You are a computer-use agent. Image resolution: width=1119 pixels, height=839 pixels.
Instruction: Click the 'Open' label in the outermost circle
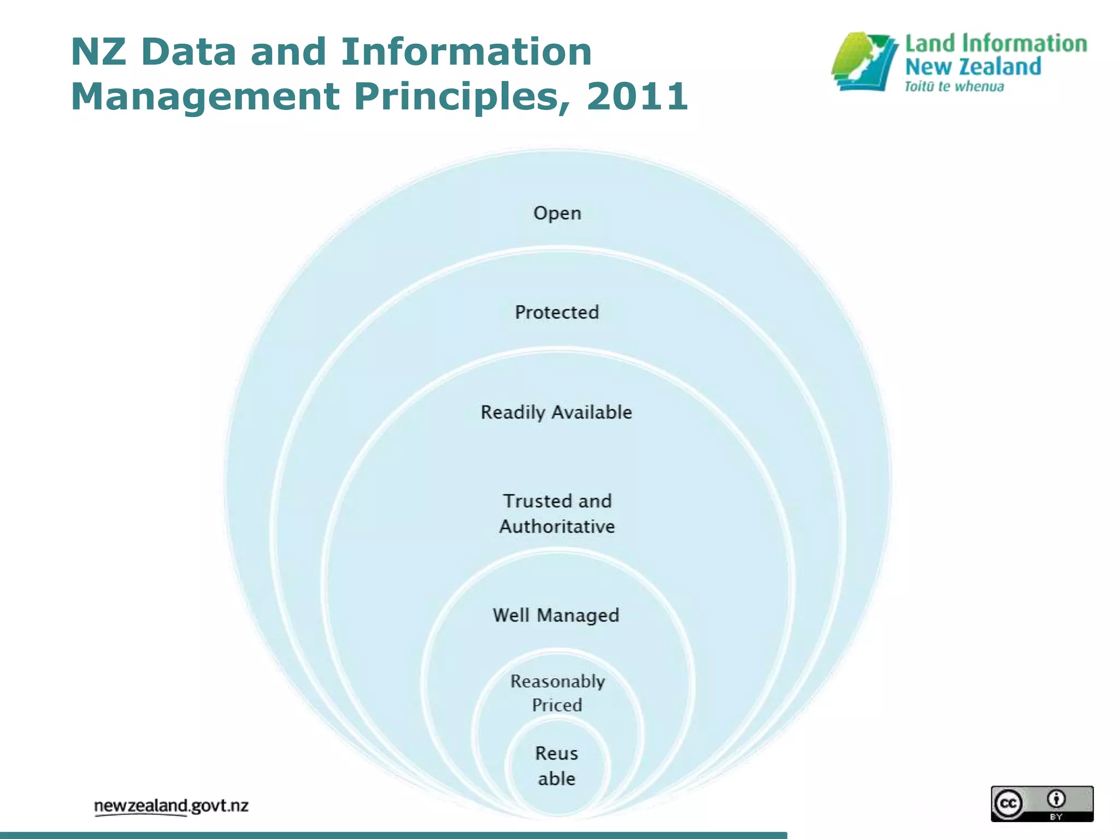coord(557,213)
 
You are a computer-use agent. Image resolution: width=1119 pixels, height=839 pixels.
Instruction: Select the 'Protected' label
coord(557,312)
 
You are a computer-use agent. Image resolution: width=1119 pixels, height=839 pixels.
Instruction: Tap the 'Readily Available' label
coord(556,412)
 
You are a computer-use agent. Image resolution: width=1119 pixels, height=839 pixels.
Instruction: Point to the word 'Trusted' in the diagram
coord(538,501)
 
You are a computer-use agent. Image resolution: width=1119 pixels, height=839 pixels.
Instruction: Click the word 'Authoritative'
coord(557,527)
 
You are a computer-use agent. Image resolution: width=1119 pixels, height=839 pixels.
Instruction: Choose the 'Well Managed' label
coord(556,616)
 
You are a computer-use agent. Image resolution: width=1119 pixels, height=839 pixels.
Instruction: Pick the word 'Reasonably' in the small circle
coord(557,682)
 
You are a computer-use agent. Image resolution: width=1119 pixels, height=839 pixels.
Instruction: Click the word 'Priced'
coord(557,705)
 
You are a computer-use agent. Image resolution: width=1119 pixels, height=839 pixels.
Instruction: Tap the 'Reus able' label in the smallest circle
coord(556,766)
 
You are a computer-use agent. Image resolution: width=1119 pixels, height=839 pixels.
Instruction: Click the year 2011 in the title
coord(637,96)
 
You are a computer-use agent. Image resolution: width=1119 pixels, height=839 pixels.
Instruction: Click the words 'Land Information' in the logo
coord(996,44)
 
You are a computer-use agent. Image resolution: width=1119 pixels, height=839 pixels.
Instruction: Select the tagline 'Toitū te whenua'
coord(954,87)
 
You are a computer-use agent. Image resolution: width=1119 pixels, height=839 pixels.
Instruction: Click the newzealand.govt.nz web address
coord(171,806)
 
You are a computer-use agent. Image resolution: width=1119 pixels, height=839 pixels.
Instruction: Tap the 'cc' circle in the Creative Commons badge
coord(1008,803)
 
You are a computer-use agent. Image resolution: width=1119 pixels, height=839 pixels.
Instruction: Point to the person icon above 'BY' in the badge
coord(1056,799)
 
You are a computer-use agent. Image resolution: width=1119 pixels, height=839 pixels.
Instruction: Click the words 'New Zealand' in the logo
coord(973,67)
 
